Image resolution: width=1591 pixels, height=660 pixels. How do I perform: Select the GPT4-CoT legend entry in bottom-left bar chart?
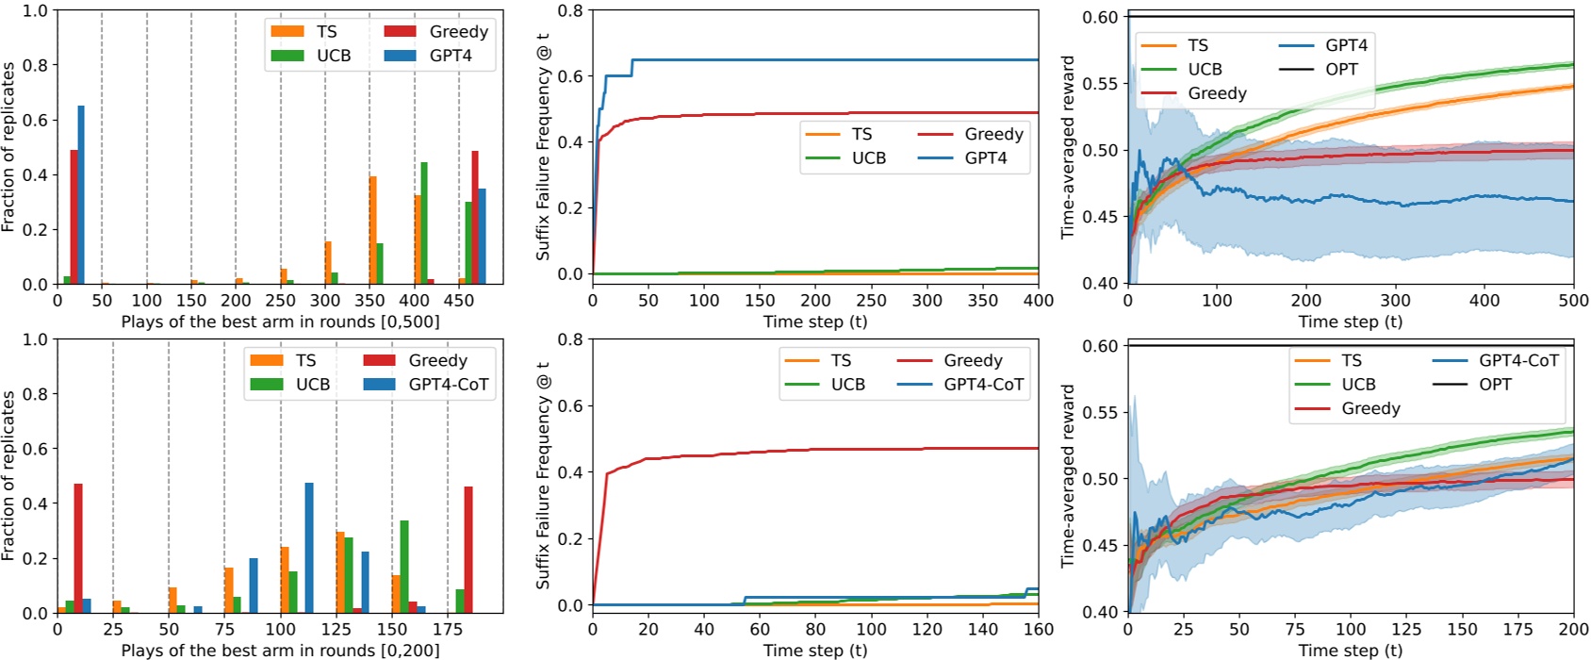pos(448,385)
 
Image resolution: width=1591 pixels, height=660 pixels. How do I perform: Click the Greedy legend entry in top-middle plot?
pos(993,134)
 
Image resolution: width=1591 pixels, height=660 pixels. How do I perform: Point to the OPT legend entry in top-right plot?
pos(1341,70)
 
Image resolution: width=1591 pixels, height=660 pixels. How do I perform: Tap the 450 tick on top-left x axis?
pos(459,300)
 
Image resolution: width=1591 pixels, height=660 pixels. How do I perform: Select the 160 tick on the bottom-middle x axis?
pos(1039,629)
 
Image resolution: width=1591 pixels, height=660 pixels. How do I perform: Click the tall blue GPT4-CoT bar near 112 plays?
pos(309,548)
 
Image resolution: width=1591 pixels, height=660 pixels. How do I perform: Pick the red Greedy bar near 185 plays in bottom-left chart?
pos(468,550)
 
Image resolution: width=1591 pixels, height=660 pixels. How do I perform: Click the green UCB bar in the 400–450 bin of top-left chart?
pos(424,223)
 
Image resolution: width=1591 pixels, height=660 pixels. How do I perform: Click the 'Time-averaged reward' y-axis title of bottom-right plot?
pos(1068,476)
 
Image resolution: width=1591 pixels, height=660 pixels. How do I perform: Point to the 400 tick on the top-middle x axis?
pos(1039,300)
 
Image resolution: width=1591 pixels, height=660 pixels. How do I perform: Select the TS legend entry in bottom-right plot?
pos(1351,361)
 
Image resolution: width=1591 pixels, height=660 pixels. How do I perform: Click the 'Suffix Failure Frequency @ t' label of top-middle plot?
pos(543,146)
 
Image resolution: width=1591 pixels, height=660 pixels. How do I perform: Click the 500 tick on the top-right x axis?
pos(1573,300)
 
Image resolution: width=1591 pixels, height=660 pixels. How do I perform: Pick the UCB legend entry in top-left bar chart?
pos(333,56)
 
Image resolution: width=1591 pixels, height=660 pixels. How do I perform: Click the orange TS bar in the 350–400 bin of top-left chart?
pos(373,230)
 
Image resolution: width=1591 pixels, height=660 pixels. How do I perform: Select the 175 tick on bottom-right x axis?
pos(1517,629)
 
